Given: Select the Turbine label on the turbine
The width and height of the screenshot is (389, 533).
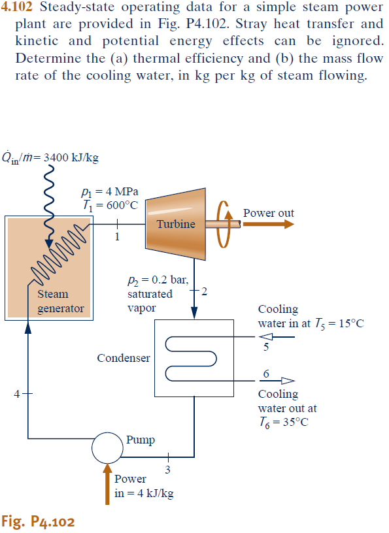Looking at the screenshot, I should [176, 224].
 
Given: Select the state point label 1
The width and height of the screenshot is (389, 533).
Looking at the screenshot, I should [117, 236].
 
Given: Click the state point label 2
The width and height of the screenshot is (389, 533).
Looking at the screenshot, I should [205, 291].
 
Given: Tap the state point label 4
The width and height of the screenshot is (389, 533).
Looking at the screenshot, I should [17, 393].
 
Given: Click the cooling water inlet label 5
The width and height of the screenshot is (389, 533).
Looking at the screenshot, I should [266, 347].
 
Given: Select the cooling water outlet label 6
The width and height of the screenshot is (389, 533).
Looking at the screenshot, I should [266, 374].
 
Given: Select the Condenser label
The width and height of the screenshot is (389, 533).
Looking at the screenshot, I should [124, 358].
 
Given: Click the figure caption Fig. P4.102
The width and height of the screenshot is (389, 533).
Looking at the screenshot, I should [38, 521].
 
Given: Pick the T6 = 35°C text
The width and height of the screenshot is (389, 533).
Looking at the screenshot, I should [282, 421].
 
